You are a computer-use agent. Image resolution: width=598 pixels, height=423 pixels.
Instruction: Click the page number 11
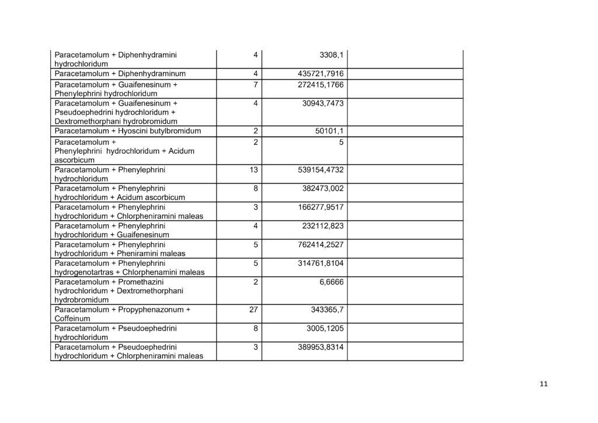[x=544, y=384]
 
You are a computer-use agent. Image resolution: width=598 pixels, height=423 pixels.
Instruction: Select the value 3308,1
[x=332, y=55]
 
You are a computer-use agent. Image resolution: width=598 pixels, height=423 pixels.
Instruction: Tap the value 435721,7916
[x=321, y=74]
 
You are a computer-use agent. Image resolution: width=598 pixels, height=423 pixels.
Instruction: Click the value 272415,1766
[x=321, y=85]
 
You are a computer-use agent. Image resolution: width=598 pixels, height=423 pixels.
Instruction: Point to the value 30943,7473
[x=323, y=103]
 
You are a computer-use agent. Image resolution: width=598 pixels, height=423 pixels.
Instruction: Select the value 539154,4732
[x=321, y=169]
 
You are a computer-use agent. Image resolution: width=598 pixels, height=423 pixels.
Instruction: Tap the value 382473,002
[x=323, y=188]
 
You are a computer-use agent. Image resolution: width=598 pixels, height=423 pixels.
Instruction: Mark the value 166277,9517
[x=321, y=207]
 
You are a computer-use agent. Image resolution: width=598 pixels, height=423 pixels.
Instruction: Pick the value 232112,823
[x=323, y=226]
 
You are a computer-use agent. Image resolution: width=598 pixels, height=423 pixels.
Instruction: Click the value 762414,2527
[x=321, y=244]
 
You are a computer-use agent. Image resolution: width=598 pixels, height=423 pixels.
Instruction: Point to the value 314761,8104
[x=321, y=263]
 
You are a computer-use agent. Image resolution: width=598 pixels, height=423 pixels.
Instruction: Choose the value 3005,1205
[x=325, y=328]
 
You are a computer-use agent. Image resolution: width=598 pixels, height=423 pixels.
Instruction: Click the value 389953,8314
[x=321, y=347]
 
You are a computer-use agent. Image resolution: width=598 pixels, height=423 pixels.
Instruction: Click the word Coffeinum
[x=72, y=319]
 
